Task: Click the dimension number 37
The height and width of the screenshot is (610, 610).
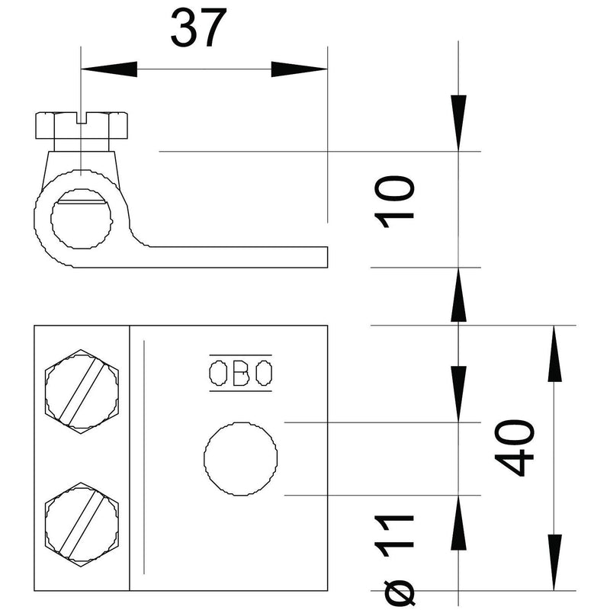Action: click(x=198, y=27)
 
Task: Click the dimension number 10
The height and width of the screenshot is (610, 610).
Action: click(x=394, y=201)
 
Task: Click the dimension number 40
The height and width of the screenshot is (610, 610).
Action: click(x=514, y=448)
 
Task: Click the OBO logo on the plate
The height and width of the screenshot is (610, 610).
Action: click(x=240, y=373)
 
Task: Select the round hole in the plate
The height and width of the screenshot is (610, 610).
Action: click(x=241, y=459)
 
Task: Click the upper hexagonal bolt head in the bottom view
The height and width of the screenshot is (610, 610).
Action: click(x=82, y=392)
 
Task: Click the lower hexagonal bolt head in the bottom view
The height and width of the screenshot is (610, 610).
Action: click(x=82, y=525)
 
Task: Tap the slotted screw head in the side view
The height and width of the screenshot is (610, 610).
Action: click(x=82, y=125)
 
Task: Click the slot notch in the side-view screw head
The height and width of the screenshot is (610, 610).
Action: click(x=82, y=118)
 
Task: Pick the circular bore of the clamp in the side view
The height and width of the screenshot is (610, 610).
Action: click(x=82, y=219)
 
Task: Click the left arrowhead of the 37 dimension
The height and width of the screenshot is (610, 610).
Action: click(x=109, y=69)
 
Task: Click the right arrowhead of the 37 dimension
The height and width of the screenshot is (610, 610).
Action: click(x=299, y=69)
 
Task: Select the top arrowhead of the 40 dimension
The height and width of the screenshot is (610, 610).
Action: click(x=554, y=353)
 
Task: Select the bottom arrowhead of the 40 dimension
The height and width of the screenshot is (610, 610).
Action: click(x=554, y=563)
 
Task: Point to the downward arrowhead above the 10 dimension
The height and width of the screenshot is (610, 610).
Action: click(x=459, y=123)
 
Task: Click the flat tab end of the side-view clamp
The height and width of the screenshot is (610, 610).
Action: click(x=326, y=257)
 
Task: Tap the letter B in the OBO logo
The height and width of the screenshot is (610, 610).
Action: click(x=240, y=373)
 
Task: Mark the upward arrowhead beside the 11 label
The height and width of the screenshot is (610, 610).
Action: click(x=459, y=523)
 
